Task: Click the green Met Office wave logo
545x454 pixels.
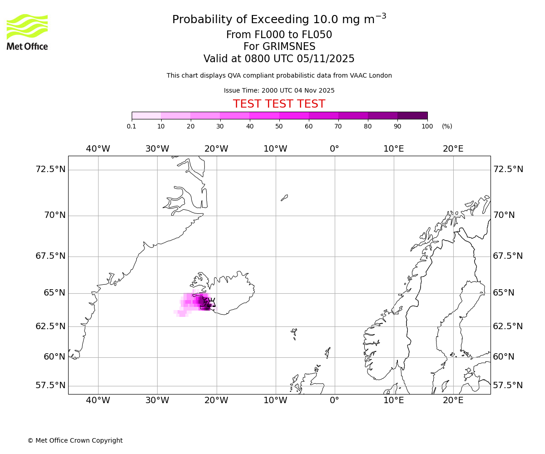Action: point(27,26)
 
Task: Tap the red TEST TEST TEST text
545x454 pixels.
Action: point(279,104)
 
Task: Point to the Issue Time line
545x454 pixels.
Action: point(279,90)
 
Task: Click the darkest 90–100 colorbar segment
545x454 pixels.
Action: point(412,116)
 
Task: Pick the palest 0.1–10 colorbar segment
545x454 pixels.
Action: point(146,116)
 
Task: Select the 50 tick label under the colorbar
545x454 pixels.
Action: point(279,126)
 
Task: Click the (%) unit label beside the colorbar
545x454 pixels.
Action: point(447,126)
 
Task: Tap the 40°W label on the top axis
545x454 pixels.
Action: point(98,148)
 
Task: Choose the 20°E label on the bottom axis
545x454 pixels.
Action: point(453,400)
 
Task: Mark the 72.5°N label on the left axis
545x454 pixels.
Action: point(50,169)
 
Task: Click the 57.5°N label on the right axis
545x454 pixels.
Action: point(508,385)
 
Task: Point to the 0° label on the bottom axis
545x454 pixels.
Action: point(334,400)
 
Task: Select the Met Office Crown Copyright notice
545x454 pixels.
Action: point(75,440)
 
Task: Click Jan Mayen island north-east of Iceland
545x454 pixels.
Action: point(284,197)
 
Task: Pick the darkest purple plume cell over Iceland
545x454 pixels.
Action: point(202,300)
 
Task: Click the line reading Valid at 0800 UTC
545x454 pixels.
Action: point(279,59)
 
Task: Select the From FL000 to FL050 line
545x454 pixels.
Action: point(279,35)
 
